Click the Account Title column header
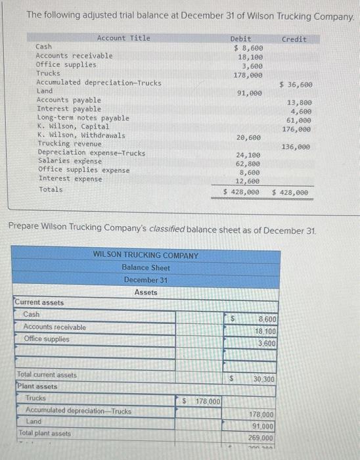[124, 38]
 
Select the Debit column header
[240, 39]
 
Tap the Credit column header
[294, 39]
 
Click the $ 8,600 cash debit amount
[248, 48]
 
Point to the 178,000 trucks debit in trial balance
[248, 75]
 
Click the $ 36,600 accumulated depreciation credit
[296, 84]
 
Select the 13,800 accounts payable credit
[300, 103]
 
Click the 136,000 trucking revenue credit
[296, 147]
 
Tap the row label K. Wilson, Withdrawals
[81, 135]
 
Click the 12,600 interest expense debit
[249, 181]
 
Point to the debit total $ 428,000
[241, 193]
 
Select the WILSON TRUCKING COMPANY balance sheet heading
[145, 255]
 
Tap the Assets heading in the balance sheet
[145, 292]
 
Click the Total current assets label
[47, 375]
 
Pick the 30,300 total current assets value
[265, 379]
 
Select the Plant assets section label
[37, 386]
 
